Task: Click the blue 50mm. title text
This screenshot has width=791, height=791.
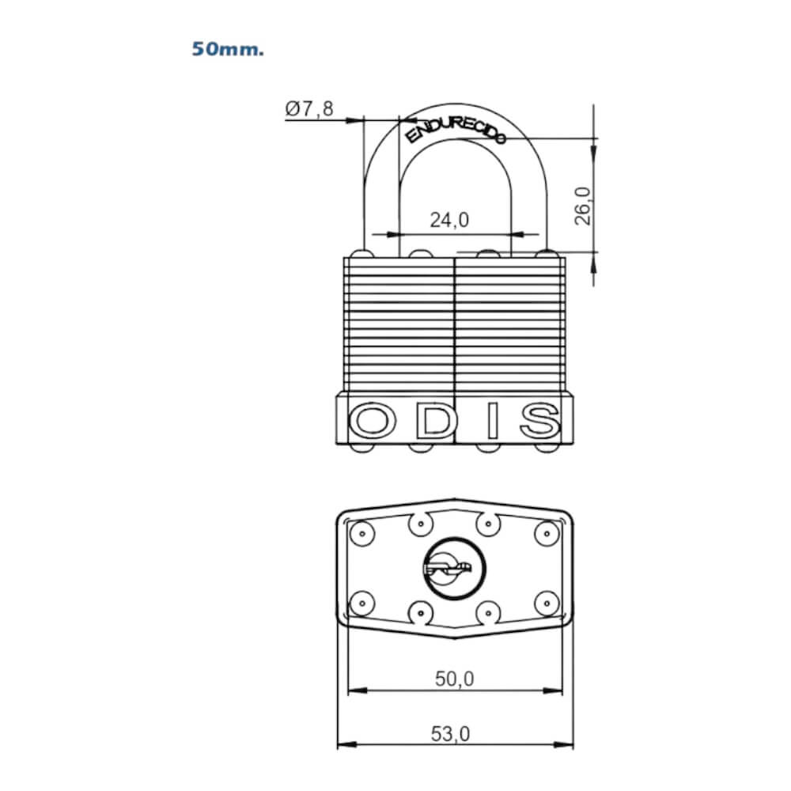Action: [228, 49]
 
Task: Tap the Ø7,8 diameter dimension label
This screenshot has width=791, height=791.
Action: [309, 108]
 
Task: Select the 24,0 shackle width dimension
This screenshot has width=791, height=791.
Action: [449, 220]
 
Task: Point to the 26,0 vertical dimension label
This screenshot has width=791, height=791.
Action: [583, 206]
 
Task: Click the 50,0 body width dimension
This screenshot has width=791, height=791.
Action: [455, 679]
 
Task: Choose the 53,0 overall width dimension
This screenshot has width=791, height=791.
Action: [451, 734]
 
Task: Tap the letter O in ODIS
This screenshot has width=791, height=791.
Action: [373, 420]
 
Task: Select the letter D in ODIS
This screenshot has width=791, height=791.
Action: [434, 420]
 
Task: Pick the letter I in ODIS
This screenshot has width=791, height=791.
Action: [493, 420]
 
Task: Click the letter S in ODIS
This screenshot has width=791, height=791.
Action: [540, 420]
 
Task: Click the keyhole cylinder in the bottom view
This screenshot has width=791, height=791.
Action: [453, 569]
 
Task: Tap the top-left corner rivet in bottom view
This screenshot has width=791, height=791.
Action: [361, 533]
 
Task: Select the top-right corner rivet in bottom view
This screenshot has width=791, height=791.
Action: [547, 533]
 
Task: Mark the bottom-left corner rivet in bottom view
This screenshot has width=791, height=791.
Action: [361, 603]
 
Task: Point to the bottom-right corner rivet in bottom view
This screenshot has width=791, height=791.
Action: [547, 603]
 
